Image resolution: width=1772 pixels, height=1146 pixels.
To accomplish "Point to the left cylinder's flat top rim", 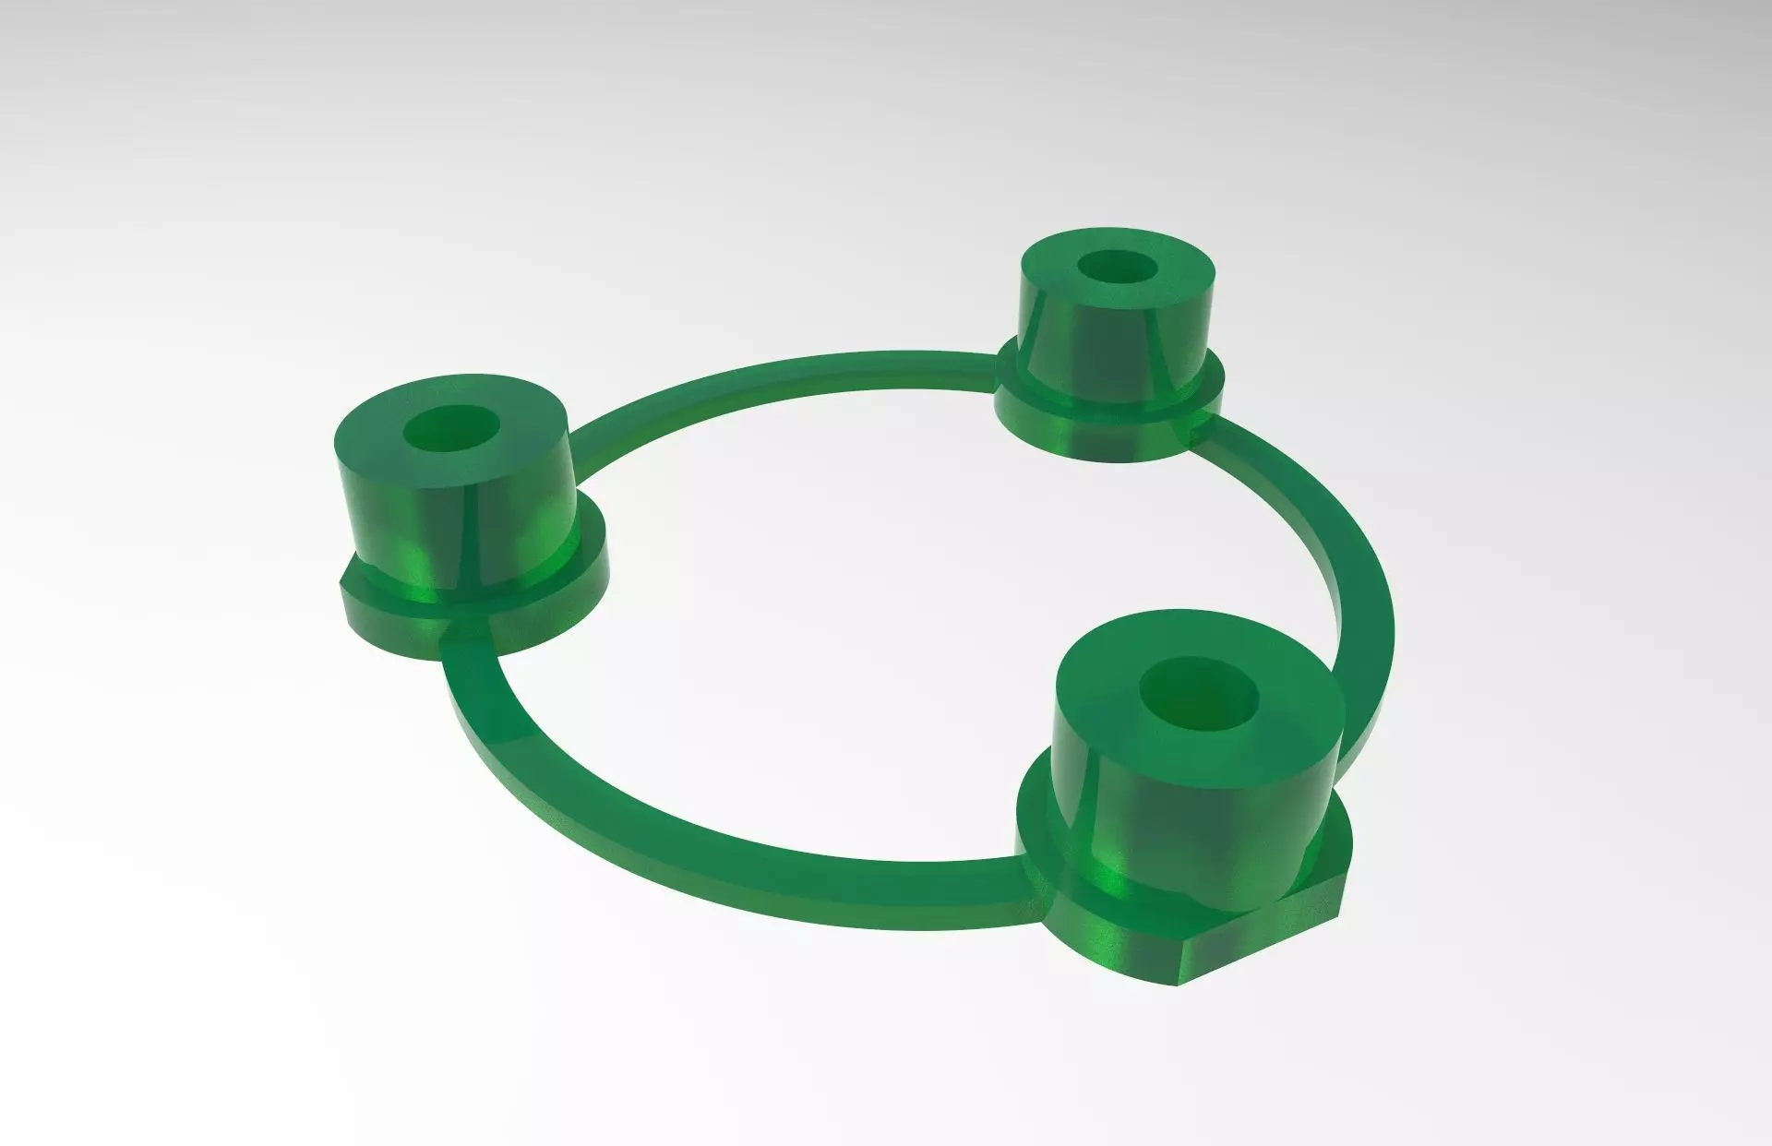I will click(388, 434).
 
